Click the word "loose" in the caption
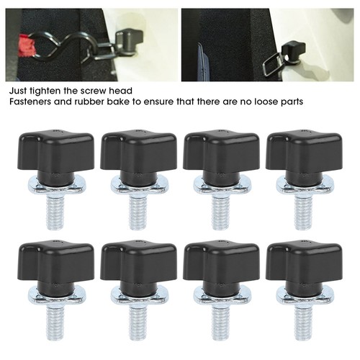(x=266, y=102)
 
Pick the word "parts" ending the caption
(x=292, y=102)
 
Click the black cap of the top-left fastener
(x=55, y=156)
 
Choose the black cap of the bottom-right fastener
(x=304, y=266)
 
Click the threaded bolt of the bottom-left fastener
(x=55, y=323)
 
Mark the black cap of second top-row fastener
(x=138, y=156)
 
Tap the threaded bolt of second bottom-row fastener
(x=138, y=323)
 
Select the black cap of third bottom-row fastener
(x=221, y=266)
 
